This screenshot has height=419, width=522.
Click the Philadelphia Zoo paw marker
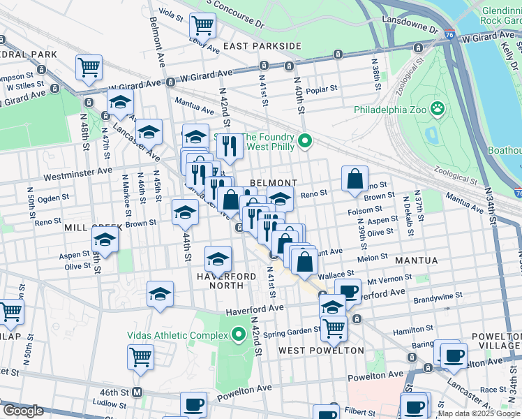tap(438, 108)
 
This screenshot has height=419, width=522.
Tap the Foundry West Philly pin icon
tap(304, 142)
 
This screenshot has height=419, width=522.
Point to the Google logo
tap(23, 411)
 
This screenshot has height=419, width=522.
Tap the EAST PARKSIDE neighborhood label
tap(262, 46)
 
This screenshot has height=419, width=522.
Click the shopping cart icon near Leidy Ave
tap(202, 25)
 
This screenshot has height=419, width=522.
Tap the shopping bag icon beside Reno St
tap(355, 179)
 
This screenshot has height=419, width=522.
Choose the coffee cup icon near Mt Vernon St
tap(348, 292)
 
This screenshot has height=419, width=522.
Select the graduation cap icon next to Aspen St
tap(105, 240)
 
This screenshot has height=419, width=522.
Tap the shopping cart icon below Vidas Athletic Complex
tap(141, 356)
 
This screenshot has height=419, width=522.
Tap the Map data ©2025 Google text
tap(479, 413)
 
